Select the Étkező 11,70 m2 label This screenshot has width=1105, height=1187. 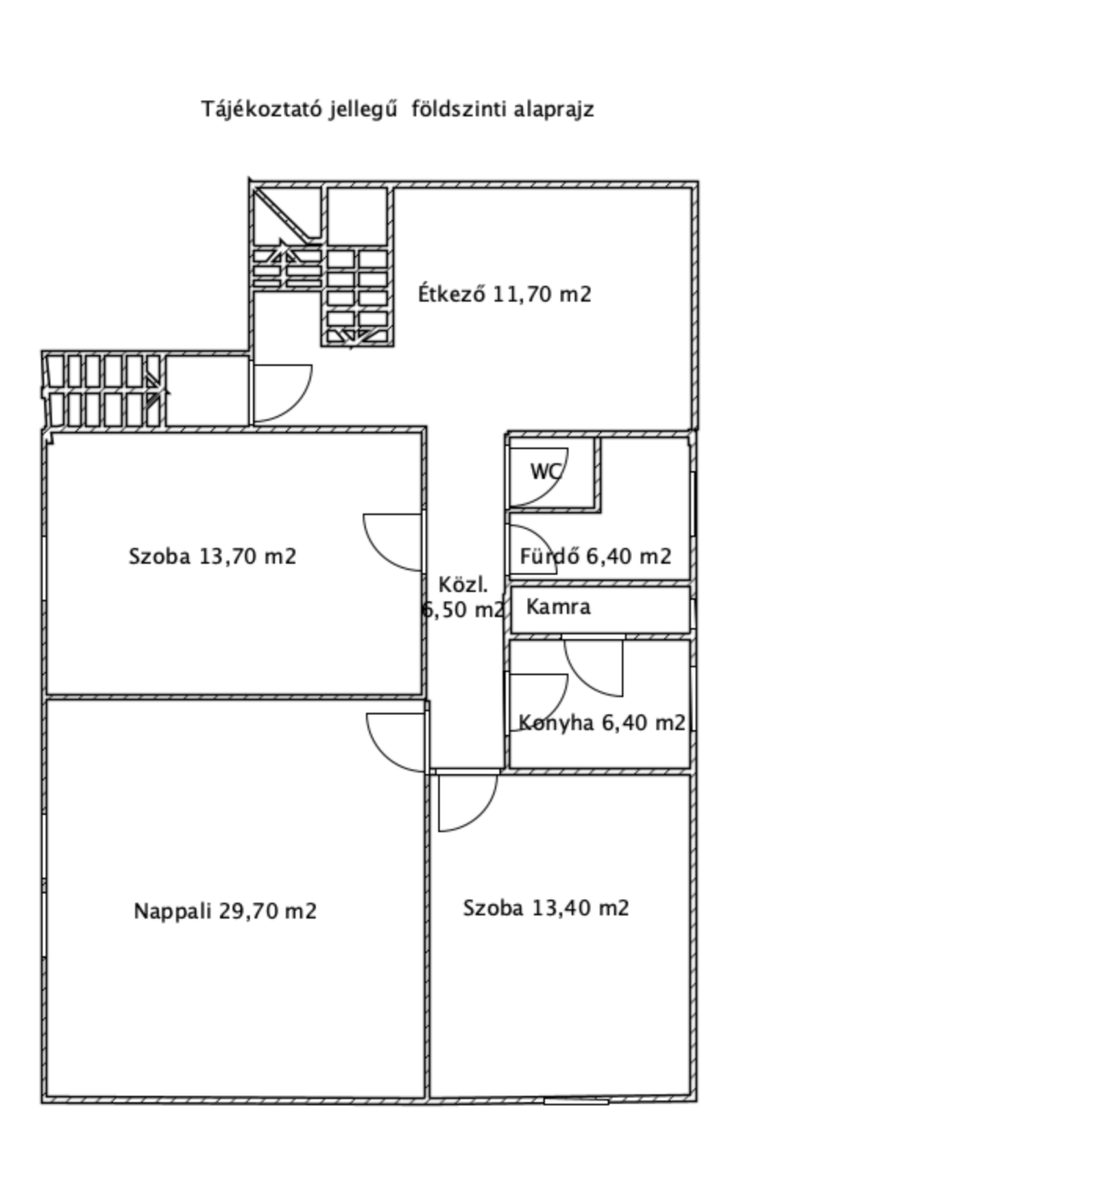pyautogui.click(x=505, y=294)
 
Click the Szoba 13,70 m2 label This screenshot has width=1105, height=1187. pyautogui.click(x=212, y=557)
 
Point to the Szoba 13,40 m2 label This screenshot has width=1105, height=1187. pyautogui.click(x=546, y=908)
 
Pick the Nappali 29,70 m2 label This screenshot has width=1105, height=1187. pyautogui.click(x=224, y=911)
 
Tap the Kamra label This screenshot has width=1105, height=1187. pyautogui.click(x=559, y=607)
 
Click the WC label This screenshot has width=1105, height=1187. pyautogui.click(x=546, y=471)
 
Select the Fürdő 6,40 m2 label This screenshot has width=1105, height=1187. pyautogui.click(x=596, y=557)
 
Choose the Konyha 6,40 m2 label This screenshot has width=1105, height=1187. pyautogui.click(x=602, y=723)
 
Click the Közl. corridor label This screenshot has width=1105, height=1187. pyautogui.click(x=464, y=584)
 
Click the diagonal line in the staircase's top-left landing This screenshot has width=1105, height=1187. pyautogui.click(x=281, y=215)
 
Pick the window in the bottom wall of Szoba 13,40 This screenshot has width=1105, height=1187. pyautogui.click(x=576, y=1101)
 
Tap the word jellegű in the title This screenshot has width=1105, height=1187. pyautogui.click(x=363, y=110)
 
